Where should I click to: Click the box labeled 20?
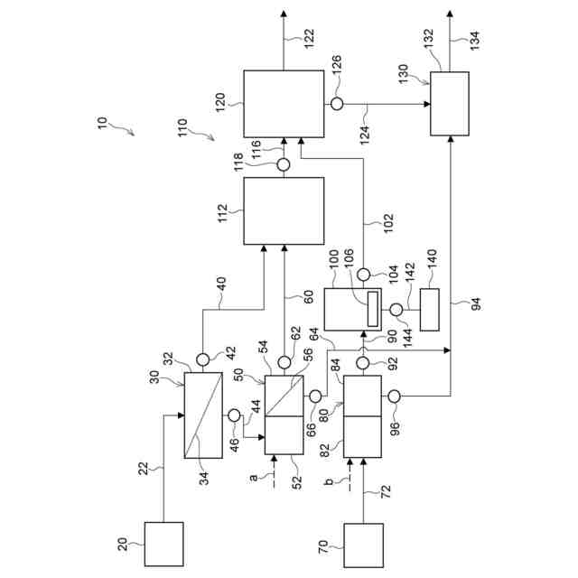[x=163, y=544]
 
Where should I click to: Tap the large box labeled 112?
[x=284, y=210]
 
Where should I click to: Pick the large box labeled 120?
[x=284, y=104]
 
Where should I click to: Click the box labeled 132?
[x=449, y=104]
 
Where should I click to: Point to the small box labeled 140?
[x=430, y=309]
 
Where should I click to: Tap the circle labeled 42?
[x=202, y=359]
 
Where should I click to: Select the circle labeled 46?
[x=235, y=415]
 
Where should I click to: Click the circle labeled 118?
[x=284, y=164]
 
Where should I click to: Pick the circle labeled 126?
[x=336, y=104]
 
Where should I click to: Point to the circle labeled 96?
[x=396, y=396]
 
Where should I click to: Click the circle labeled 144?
[x=396, y=310]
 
